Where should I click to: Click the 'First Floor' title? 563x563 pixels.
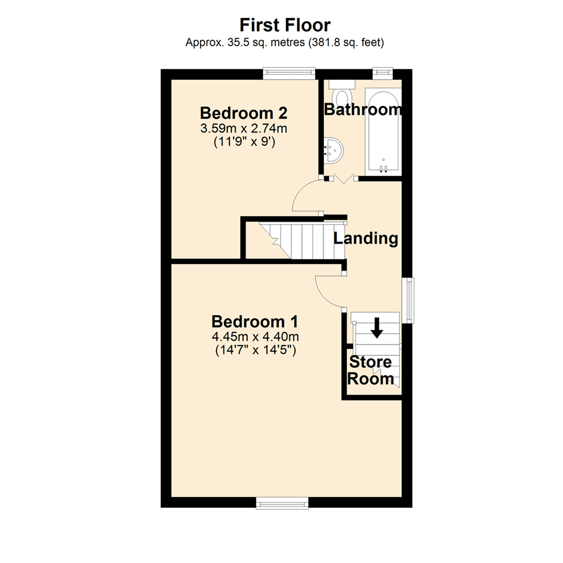[x=285, y=25]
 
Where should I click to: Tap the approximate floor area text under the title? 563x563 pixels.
[x=285, y=43]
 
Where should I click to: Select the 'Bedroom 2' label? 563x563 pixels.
[x=244, y=113]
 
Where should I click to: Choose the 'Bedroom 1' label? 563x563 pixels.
[x=255, y=321]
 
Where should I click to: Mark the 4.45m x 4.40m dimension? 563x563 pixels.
[x=255, y=336]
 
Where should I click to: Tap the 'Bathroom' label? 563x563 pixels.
[x=363, y=109]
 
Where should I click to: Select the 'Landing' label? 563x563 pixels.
[x=366, y=239]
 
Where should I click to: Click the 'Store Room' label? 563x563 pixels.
[x=371, y=370]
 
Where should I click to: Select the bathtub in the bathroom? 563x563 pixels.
[x=384, y=130]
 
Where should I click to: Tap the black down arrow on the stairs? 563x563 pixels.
[x=376, y=327]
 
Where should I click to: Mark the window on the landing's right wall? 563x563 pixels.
[x=409, y=300]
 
